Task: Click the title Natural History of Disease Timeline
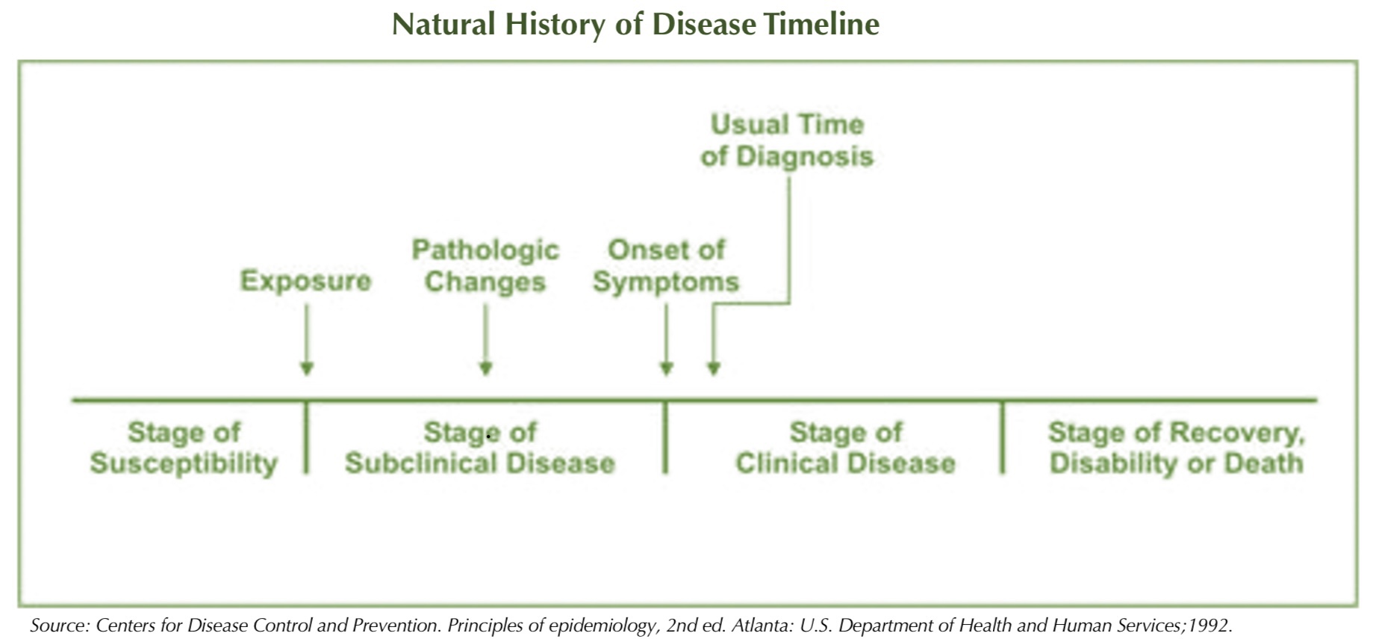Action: pyautogui.click(x=635, y=25)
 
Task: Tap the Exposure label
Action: pyautogui.click(x=305, y=281)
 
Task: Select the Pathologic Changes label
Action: pyautogui.click(x=485, y=265)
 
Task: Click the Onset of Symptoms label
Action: pyautogui.click(x=666, y=265)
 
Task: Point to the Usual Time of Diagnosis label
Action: pyautogui.click(x=787, y=140)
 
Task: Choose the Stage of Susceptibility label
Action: pyautogui.click(x=184, y=448)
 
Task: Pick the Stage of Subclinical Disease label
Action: pyautogui.click(x=479, y=448)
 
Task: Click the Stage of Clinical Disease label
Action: pyautogui.click(x=845, y=448)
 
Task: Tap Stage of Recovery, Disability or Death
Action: pyautogui.click(x=1176, y=448)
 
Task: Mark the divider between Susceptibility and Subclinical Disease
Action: pyautogui.click(x=306, y=438)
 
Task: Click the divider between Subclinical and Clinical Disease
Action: pyautogui.click(x=666, y=438)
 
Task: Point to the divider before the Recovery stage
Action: pyautogui.click(x=1003, y=438)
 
